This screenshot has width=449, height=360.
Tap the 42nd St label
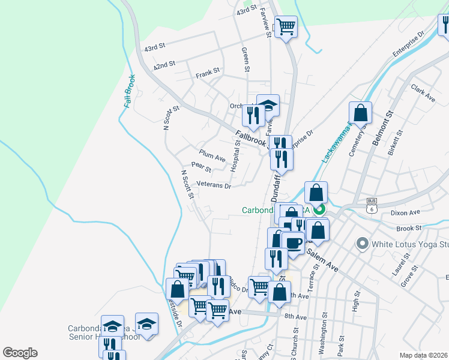coord(164,64)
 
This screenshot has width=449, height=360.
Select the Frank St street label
coord(208,76)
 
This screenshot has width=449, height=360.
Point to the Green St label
coord(244,59)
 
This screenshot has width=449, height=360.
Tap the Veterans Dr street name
coord(214,186)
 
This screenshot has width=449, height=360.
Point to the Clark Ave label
coord(423,92)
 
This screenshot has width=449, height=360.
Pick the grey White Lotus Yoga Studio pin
coord(361,244)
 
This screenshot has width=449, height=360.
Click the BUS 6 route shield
coord(372,206)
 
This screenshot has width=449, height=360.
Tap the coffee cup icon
coord(293,243)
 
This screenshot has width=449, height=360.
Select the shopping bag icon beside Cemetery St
coord(360,112)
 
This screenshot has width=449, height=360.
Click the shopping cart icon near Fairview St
coord(286,26)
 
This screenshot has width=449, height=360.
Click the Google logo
coord(20,353)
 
